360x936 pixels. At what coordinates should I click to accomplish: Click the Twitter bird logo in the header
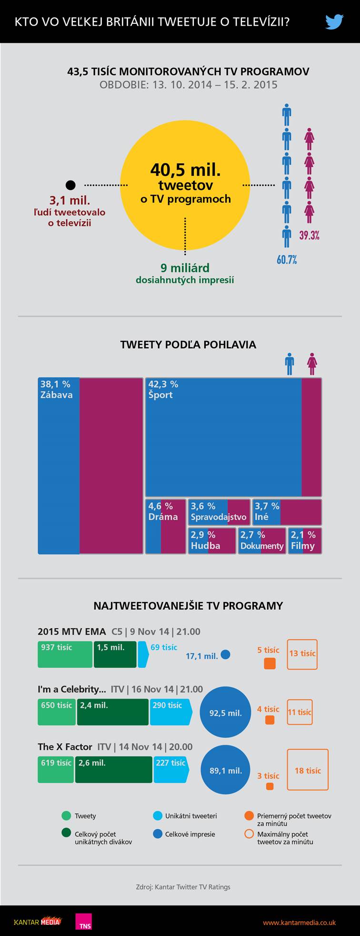pos(334,21)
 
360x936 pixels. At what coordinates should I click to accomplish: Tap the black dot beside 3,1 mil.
pos(70,185)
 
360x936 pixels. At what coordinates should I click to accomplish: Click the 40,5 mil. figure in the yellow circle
pos(185,170)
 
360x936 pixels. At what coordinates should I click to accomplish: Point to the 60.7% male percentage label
pos(287,260)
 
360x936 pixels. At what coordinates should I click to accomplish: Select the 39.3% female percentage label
pos(309,235)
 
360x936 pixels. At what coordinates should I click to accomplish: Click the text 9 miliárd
pos(185,268)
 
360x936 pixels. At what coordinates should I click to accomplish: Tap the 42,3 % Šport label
pos(163,390)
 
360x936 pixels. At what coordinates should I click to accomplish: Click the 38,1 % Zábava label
pos(56,390)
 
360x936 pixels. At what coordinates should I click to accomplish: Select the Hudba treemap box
pos(212,541)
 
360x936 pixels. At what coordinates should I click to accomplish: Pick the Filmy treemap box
pos(305,541)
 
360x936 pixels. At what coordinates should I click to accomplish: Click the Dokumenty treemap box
pos(262,541)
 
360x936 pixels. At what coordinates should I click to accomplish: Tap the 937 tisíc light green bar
pos(65,654)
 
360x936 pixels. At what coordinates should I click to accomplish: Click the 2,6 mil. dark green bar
pos(113,769)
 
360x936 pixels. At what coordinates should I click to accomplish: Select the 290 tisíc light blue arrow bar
pos(170,712)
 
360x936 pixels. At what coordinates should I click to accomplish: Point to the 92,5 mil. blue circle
pos(225,712)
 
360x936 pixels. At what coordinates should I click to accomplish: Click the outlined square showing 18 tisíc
pos(308,769)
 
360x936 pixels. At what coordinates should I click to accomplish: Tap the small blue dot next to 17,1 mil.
pos(226,654)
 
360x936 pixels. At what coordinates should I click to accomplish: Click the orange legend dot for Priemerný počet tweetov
pos(249,815)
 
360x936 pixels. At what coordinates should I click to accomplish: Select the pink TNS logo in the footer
pos(83,921)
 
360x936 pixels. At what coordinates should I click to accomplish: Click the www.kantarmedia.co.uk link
pos(299,922)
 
